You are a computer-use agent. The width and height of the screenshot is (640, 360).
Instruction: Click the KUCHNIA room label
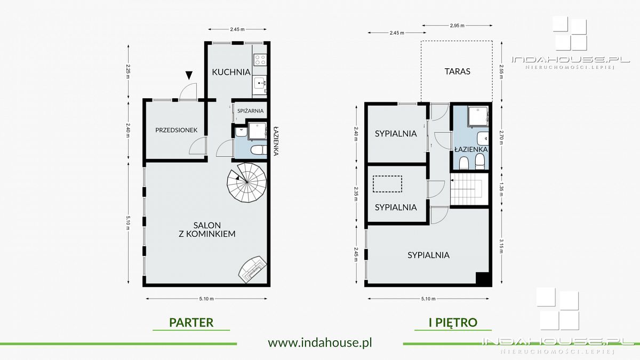231,72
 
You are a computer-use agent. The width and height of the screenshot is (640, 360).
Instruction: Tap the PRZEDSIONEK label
177,130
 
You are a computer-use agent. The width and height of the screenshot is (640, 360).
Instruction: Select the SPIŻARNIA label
250,111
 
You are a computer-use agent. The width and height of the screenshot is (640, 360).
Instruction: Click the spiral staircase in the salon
246,182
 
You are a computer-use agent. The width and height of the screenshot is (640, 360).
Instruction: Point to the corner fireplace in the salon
253,269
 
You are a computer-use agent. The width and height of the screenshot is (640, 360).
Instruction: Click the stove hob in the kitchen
260,60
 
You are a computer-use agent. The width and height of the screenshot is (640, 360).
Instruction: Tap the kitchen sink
260,83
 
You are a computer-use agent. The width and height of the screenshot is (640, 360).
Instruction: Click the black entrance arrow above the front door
189,75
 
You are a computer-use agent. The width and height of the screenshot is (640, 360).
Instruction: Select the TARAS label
457,71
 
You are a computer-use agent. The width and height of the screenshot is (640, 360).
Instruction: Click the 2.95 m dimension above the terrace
457,26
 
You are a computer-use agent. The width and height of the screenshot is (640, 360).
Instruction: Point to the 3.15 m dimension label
501,246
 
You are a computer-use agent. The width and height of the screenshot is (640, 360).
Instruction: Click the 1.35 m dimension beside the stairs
501,189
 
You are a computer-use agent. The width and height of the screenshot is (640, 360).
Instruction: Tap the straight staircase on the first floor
469,189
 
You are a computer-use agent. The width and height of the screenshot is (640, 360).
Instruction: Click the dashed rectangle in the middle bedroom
387,183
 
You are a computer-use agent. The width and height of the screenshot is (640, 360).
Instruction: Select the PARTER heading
191,323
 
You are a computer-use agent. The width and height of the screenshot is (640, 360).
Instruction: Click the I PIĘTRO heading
453,323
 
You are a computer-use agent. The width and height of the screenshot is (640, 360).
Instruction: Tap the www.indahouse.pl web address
320,342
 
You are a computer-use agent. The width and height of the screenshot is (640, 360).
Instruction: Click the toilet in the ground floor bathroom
258,150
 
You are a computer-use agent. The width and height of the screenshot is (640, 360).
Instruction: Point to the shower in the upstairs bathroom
478,116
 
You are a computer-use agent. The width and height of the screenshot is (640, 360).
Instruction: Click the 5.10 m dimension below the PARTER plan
206,299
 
